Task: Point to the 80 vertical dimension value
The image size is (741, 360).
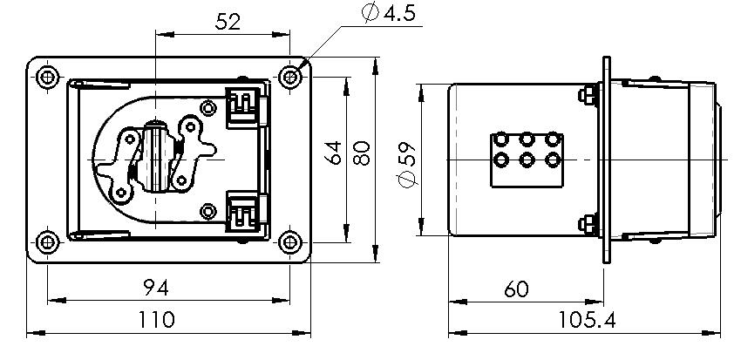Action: (x=361, y=153)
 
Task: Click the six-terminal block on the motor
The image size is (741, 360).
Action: (x=527, y=159)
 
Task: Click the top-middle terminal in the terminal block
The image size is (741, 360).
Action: (x=527, y=139)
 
